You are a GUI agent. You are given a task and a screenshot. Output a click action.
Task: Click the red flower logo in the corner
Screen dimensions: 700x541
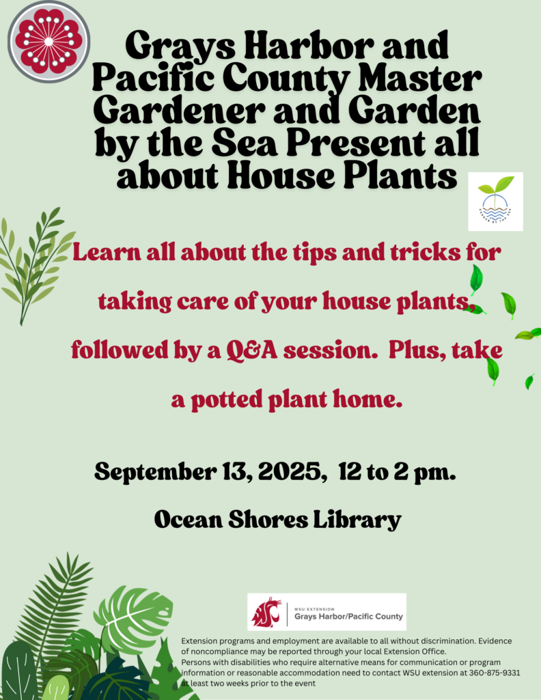pyautogui.click(x=48, y=41)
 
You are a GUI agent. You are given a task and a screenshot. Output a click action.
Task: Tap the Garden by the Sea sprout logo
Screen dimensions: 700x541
pyautogui.click(x=495, y=201)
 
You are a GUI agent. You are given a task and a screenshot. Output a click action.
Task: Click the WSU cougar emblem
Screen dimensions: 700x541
pyautogui.click(x=266, y=611)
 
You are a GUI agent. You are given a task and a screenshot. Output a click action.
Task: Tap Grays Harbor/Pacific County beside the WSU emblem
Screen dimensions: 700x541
pyautogui.click(x=348, y=617)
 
